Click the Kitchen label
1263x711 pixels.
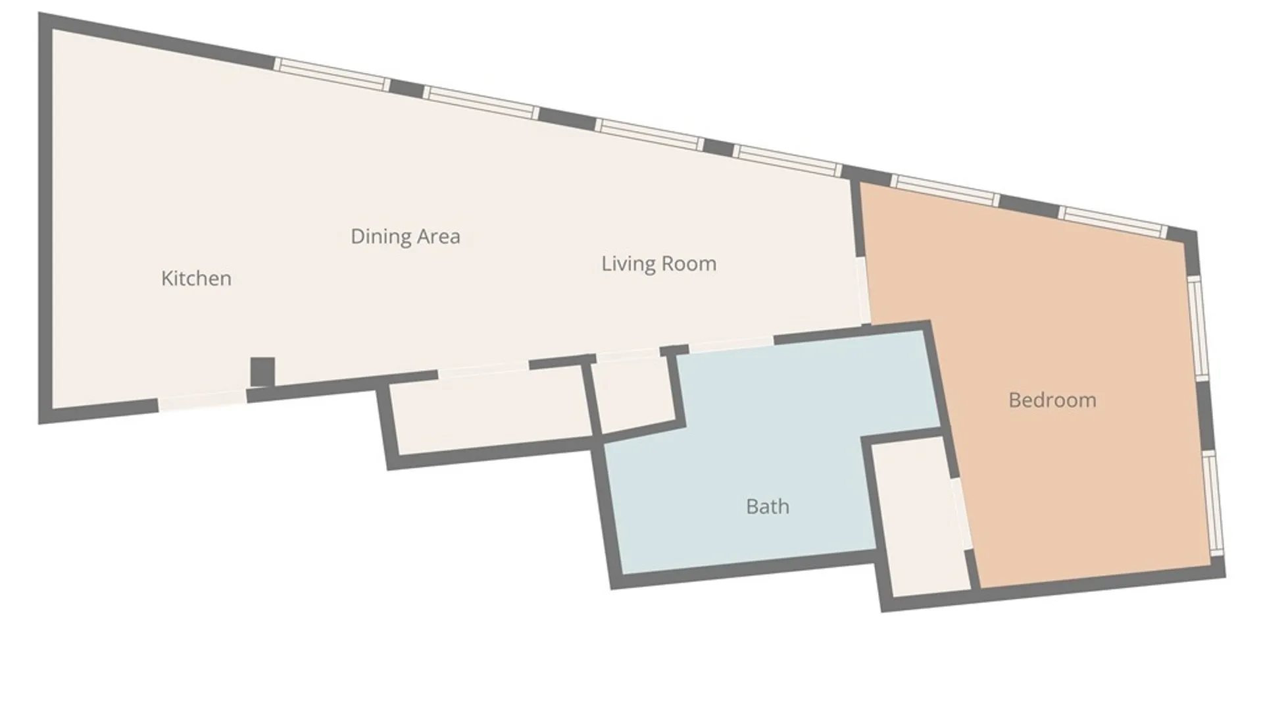pyautogui.click(x=196, y=278)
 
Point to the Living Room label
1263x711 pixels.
pyautogui.click(x=658, y=263)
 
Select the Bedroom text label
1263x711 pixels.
pyautogui.click(x=1052, y=400)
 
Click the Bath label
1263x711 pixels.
pyautogui.click(x=767, y=506)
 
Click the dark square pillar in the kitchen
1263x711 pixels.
pyautogui.click(x=262, y=372)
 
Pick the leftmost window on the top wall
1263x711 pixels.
pyautogui.click(x=332, y=74)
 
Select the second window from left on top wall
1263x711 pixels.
pyautogui.click(x=482, y=102)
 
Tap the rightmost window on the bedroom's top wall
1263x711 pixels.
pyautogui.click(x=1114, y=221)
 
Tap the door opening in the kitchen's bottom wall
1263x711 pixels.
pyautogui.click(x=203, y=400)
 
